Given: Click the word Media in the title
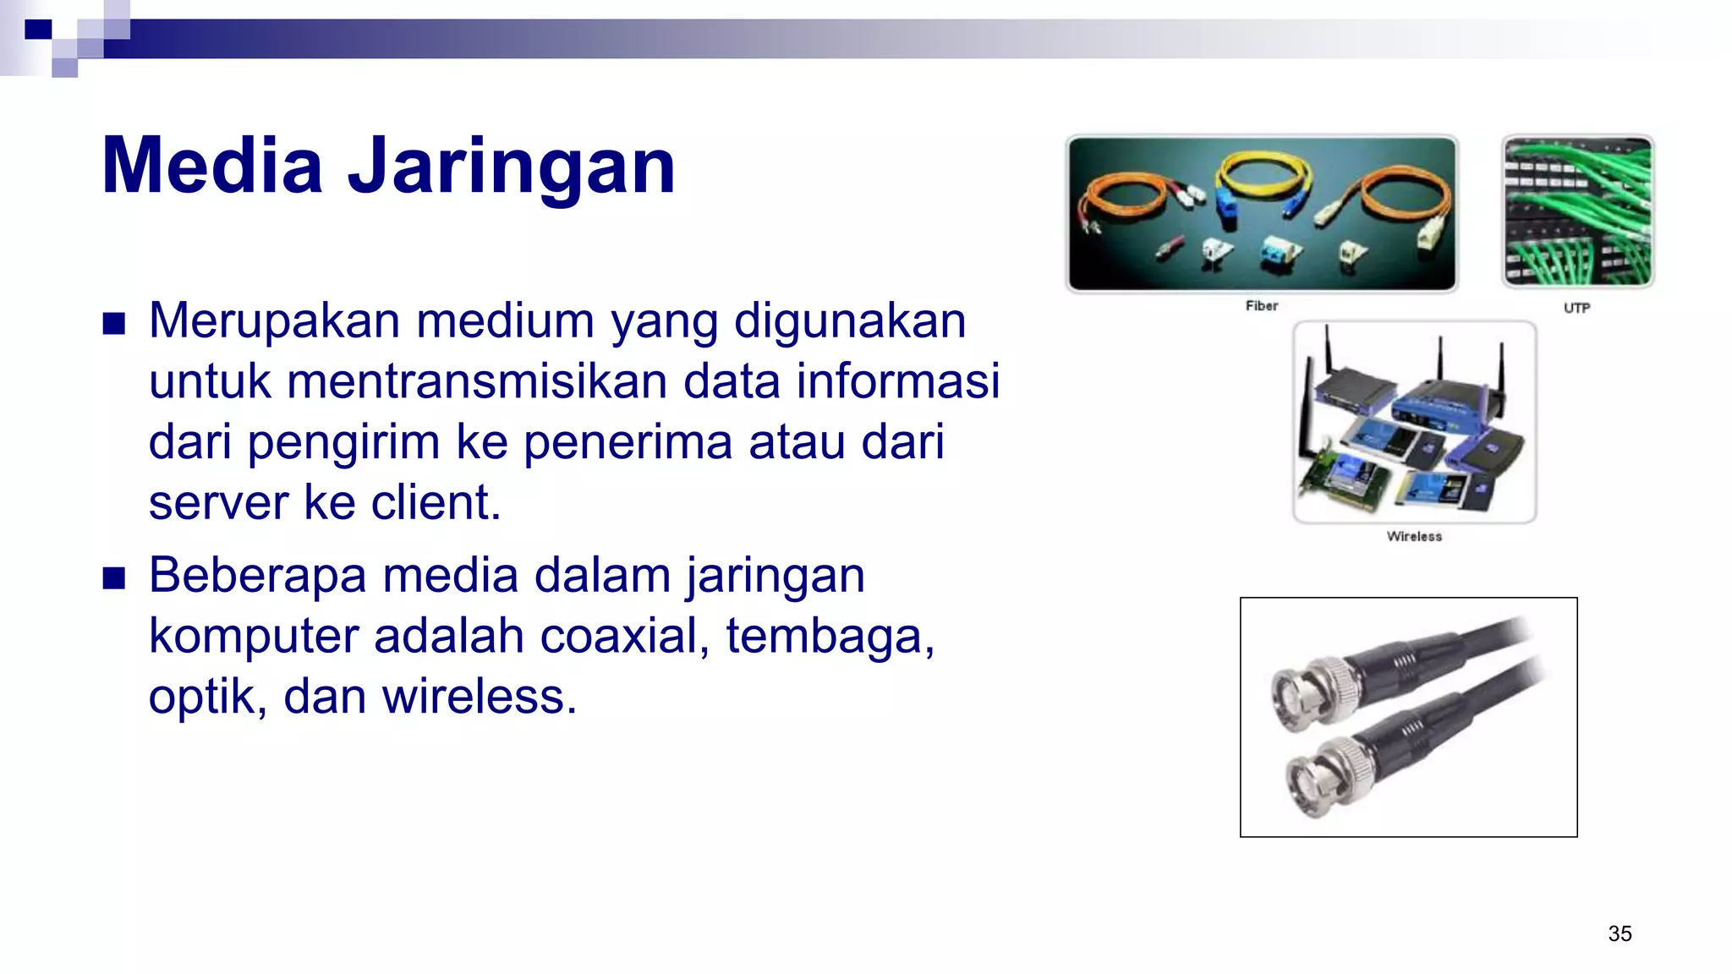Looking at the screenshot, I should [x=212, y=166].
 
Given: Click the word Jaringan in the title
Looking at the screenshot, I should [x=512, y=167].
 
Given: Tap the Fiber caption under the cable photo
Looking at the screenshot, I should [x=1261, y=306].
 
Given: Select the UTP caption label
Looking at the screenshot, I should [x=1576, y=308].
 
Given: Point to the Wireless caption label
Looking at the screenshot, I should [x=1414, y=536].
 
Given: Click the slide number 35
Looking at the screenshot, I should [x=1620, y=933].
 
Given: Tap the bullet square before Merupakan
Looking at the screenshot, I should [x=113, y=323].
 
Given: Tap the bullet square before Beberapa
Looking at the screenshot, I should [x=113, y=578].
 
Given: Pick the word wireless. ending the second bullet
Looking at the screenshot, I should [x=480, y=697].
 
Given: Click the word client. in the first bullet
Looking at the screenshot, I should [x=436, y=502].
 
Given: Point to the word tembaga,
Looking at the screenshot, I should [x=830, y=636].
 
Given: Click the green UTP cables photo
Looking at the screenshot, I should [x=1577, y=211].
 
